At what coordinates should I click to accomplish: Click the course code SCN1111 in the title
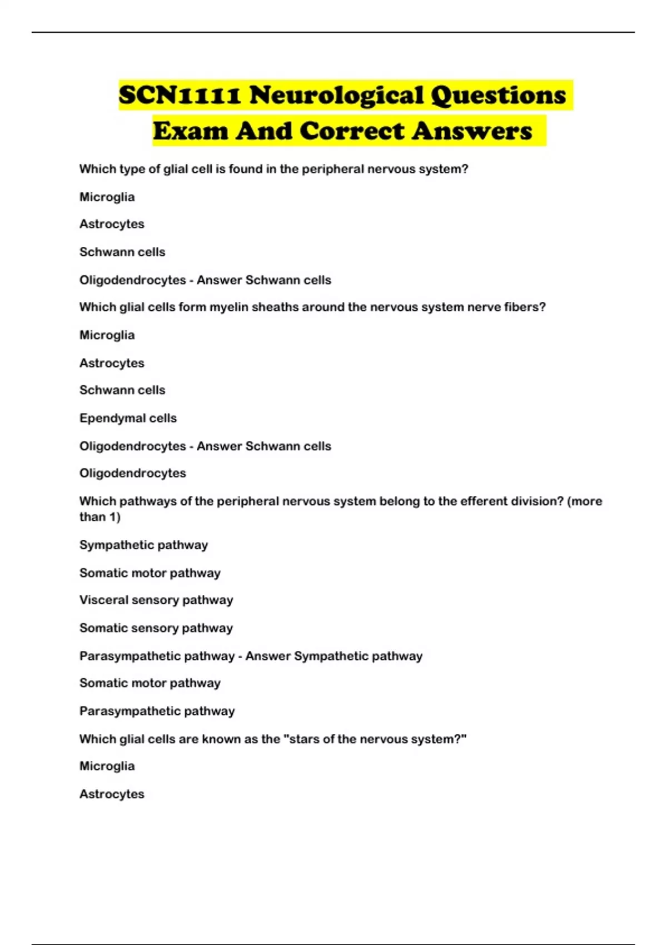(180, 95)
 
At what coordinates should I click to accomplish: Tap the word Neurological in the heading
(336, 95)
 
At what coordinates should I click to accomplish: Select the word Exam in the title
(191, 131)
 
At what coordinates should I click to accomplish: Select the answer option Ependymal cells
(128, 418)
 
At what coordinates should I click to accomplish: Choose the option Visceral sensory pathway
(156, 600)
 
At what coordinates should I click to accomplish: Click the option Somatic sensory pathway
(156, 628)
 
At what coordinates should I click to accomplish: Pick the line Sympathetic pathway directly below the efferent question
(143, 545)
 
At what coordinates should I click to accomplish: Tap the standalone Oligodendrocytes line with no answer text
(133, 473)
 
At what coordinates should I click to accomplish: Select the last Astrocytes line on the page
(112, 794)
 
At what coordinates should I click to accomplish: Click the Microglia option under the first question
(107, 197)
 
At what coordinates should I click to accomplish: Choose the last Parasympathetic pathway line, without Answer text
(157, 711)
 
